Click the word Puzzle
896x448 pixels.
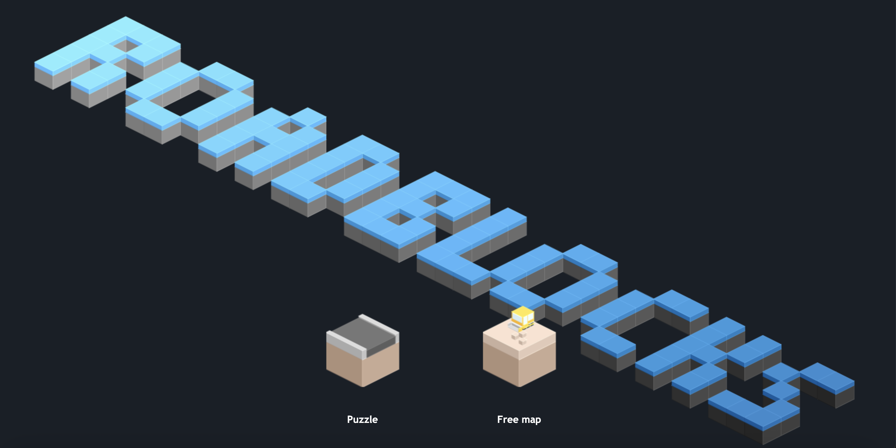pyautogui.click(x=362, y=419)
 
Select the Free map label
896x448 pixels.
pyautogui.click(x=519, y=419)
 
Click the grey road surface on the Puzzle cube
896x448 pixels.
pyautogui.click(x=363, y=334)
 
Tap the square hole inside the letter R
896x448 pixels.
pyautogui.click(x=126, y=45)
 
